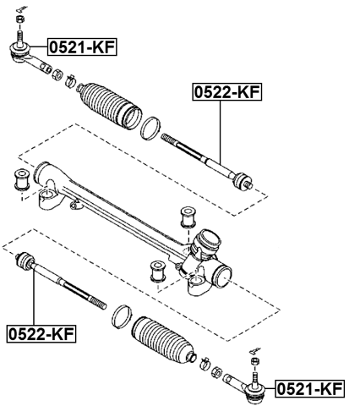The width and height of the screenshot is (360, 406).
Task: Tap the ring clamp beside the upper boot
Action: click(x=150, y=129)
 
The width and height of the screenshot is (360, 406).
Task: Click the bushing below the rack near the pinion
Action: click(x=156, y=272)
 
